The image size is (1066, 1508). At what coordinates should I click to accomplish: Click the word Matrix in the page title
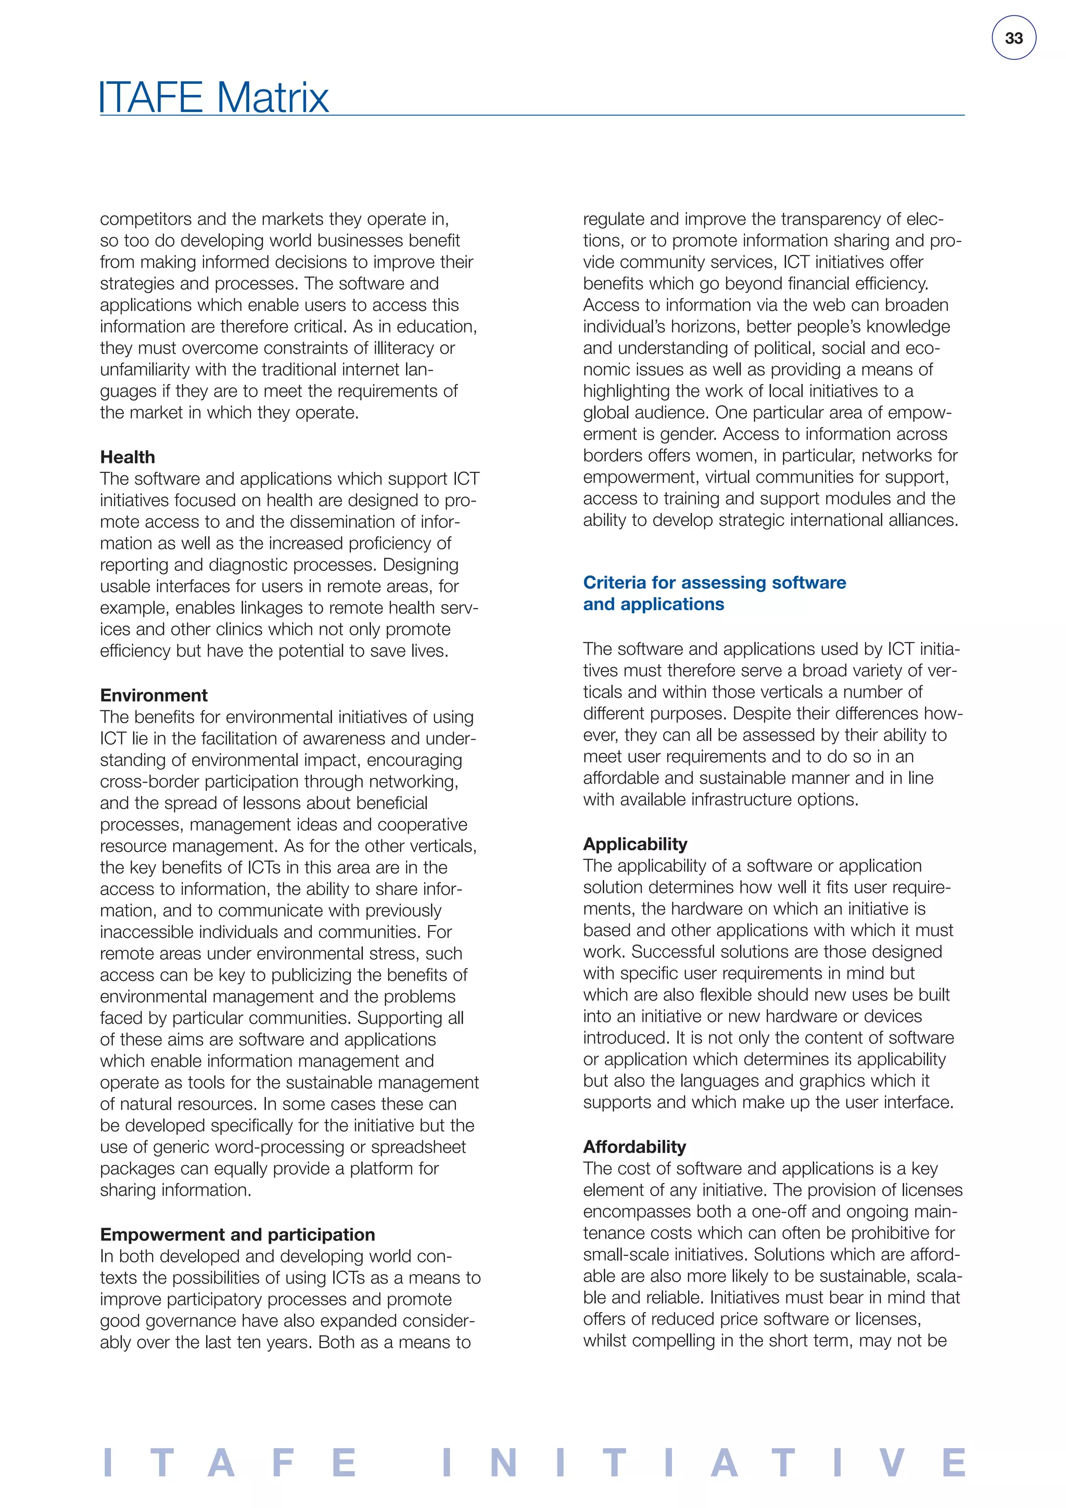point(272,98)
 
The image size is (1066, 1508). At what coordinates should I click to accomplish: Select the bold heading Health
point(128,457)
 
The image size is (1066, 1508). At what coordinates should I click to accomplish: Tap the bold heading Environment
point(154,696)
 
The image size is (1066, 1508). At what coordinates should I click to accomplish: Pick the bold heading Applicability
point(634,844)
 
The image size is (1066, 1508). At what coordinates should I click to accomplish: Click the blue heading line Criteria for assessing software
point(714,583)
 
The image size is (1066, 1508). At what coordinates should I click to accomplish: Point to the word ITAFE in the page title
point(150,98)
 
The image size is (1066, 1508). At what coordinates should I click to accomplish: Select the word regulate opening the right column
point(614,219)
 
